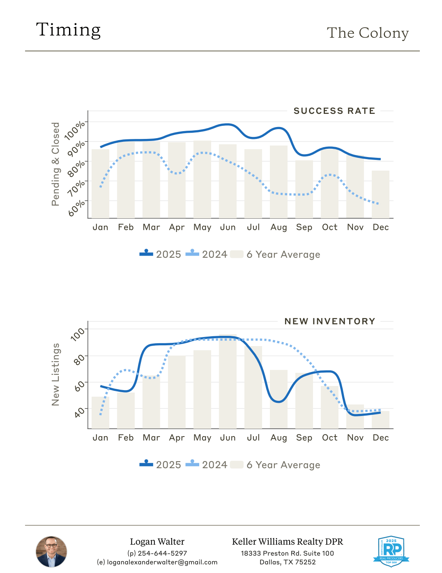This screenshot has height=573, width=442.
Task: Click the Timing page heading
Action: pyautogui.click(x=68, y=30)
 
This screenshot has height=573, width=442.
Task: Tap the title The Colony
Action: pyautogui.click(x=368, y=33)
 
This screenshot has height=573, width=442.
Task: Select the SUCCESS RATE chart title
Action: pyautogui.click(x=334, y=111)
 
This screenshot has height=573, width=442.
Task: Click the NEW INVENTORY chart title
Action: pyautogui.click(x=330, y=321)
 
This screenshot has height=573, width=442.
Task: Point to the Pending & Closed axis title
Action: pyautogui.click(x=55, y=164)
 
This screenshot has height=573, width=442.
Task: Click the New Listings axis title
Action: pyautogui.click(x=55, y=374)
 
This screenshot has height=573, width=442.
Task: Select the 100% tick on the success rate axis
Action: pyautogui.click(x=75, y=130)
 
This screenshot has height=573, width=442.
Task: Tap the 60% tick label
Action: pyautogui.click(x=77, y=208)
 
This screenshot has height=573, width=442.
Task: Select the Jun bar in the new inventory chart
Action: pyautogui.click(x=228, y=382)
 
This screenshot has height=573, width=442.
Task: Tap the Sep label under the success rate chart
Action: pyautogui.click(x=304, y=227)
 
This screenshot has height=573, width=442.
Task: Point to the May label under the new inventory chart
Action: pyautogui.click(x=202, y=438)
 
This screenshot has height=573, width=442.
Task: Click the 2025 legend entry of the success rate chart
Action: pyautogui.click(x=161, y=254)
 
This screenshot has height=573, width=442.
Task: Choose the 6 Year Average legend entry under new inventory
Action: pyautogui.click(x=275, y=465)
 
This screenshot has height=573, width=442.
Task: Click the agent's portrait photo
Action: pyautogui.click(x=51, y=552)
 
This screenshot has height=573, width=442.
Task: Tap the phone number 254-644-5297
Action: pyautogui.click(x=162, y=553)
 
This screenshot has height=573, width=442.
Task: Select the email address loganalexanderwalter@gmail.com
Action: pyautogui.click(x=162, y=562)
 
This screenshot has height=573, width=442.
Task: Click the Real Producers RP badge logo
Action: pyautogui.click(x=391, y=551)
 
